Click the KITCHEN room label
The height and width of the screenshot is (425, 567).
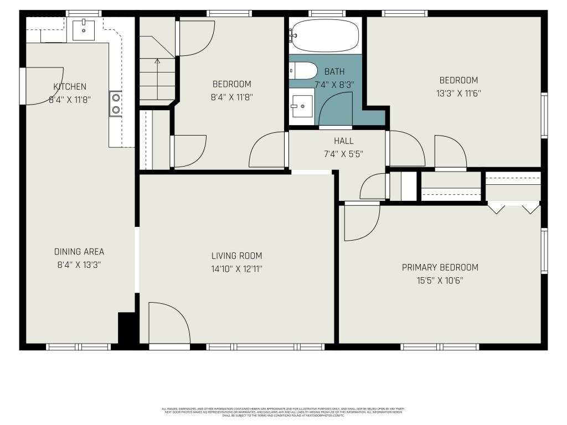click(70, 86)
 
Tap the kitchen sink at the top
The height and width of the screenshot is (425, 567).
click(84, 29)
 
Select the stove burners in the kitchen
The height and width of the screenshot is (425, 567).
click(116, 103)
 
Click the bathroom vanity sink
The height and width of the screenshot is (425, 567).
click(302, 106)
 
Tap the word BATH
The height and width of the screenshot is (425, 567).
click(334, 71)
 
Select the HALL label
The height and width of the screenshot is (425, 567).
click(343, 141)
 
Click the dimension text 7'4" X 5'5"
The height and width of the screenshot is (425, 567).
click(343, 154)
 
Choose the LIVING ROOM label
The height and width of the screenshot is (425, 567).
click(236, 256)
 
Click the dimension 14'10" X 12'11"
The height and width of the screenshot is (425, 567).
click(236, 269)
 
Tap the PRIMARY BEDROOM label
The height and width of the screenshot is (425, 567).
click(440, 267)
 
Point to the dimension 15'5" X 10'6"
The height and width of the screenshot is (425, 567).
click(440, 281)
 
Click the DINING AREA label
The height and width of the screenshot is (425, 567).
click(79, 251)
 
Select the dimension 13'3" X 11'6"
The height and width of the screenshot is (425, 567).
click(458, 93)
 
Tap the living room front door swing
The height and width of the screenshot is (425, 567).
click(169, 324)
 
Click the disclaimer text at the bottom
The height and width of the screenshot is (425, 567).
click(283, 412)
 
